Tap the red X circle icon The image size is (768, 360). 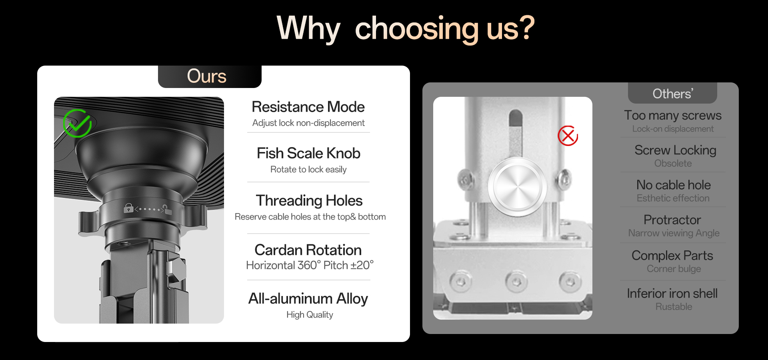pyautogui.click(x=568, y=136)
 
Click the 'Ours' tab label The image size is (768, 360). pyautogui.click(x=207, y=76)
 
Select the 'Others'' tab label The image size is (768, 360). pyautogui.click(x=673, y=94)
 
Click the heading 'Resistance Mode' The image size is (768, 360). pyautogui.click(x=308, y=107)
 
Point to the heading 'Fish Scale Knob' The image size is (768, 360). pyautogui.click(x=308, y=153)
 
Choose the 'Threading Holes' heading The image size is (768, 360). pyautogui.click(x=309, y=201)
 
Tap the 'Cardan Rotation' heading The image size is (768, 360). pyautogui.click(x=308, y=250)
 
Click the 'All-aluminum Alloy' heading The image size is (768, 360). pyautogui.click(x=308, y=299)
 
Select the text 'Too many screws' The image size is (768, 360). pyautogui.click(x=673, y=115)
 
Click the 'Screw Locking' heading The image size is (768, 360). pyautogui.click(x=675, y=150)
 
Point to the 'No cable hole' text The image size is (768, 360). pyautogui.click(x=674, y=185)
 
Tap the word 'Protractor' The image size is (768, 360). pyautogui.click(x=672, y=220)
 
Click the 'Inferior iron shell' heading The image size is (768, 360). pyautogui.click(x=672, y=293)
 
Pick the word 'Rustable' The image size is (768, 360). pyautogui.click(x=674, y=307)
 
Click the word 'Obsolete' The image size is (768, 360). pyautogui.click(x=673, y=164)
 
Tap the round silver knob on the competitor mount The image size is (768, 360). pyautogui.click(x=517, y=187)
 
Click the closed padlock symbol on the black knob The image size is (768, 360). pyautogui.click(x=128, y=208)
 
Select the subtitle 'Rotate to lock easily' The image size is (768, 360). pyautogui.click(x=308, y=170)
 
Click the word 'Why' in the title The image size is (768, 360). pyautogui.click(x=308, y=29)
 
